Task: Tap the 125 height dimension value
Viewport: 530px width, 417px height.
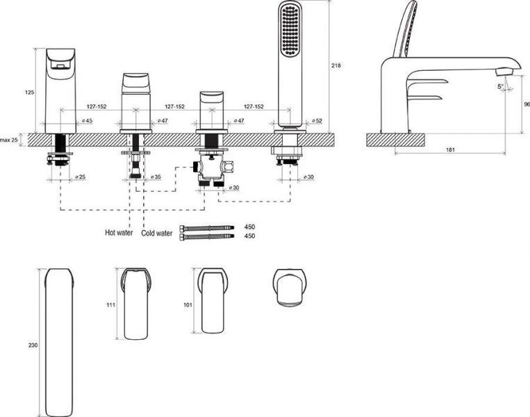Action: (28, 91)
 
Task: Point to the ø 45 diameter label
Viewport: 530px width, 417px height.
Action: (87, 121)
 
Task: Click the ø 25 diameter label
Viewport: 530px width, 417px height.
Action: (80, 178)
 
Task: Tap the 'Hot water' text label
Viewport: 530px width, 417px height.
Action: (119, 234)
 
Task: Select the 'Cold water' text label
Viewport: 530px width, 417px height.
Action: (156, 234)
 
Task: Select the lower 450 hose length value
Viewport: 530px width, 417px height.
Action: (250, 236)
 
